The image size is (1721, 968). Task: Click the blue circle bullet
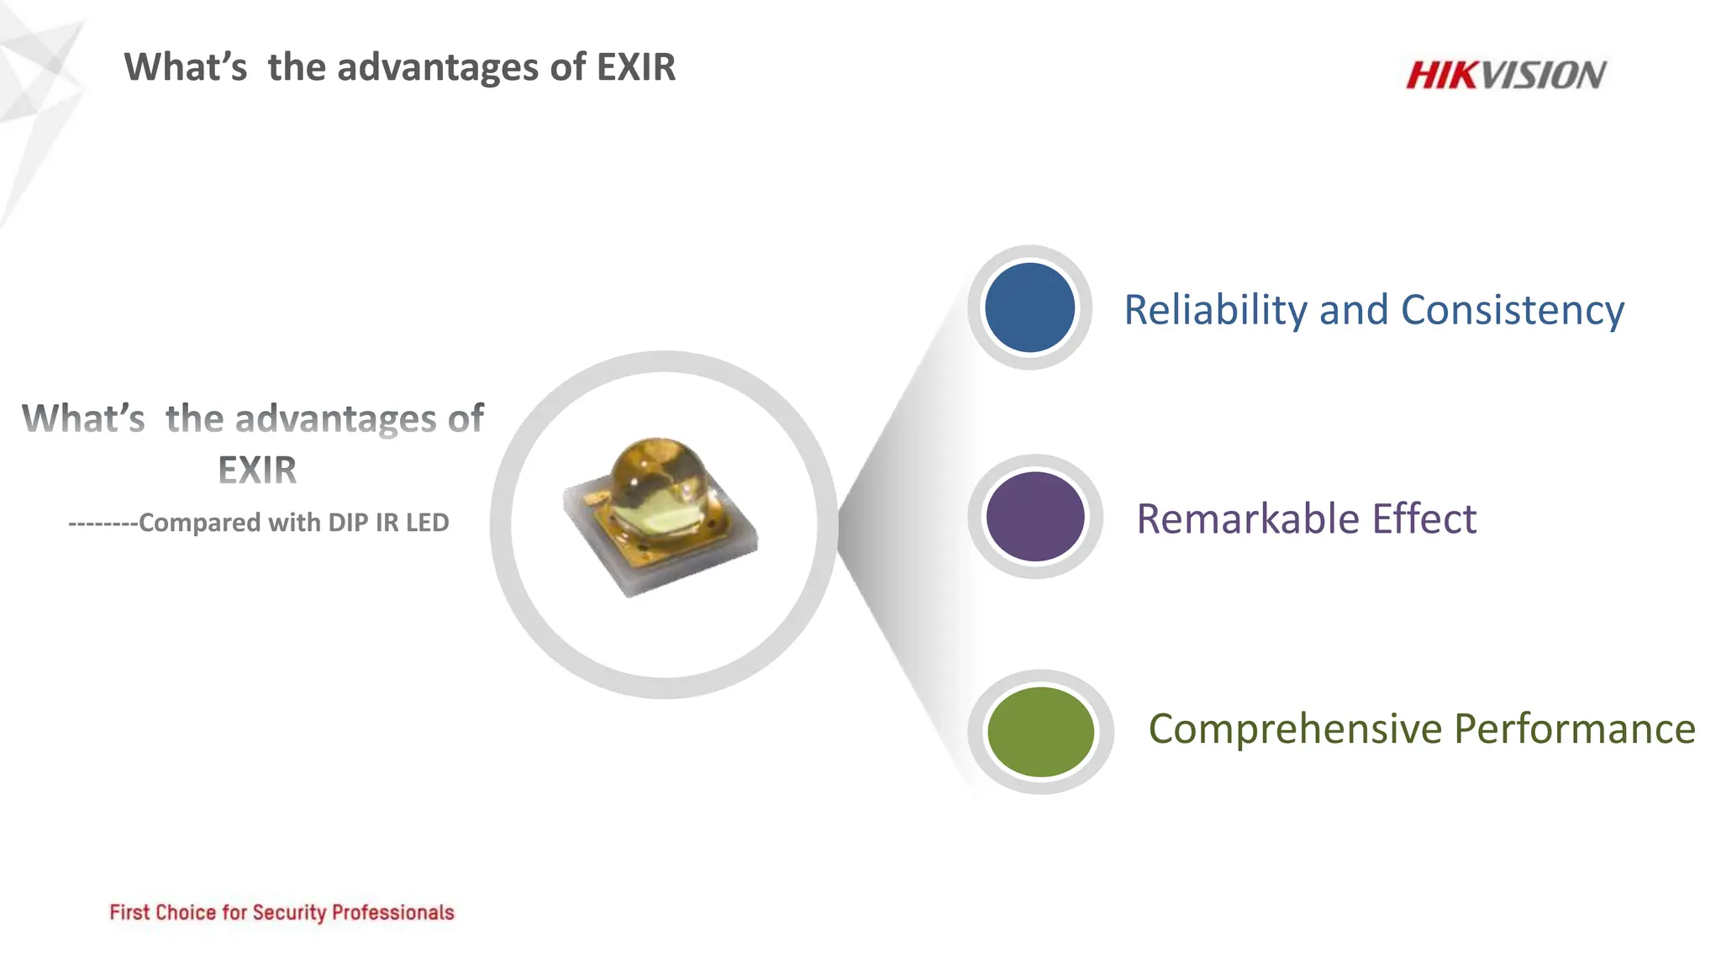[x=1029, y=308]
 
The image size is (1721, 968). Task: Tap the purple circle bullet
[x=1034, y=516]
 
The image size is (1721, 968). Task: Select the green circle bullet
[x=1040, y=732]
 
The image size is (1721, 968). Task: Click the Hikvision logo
[x=1506, y=75]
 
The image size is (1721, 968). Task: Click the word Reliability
[x=1215, y=310]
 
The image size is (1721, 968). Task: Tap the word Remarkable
[x=1248, y=518]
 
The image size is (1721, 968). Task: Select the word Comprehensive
[x=1295, y=729]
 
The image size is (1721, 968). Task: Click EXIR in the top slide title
[x=635, y=67]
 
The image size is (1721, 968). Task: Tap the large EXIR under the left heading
[x=257, y=470]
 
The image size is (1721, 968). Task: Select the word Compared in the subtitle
[x=200, y=523]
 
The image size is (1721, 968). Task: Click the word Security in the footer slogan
[x=289, y=913]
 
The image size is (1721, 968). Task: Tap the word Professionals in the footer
[x=392, y=913]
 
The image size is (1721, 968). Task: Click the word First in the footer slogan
[x=129, y=913]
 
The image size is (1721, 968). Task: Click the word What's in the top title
[x=186, y=67]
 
